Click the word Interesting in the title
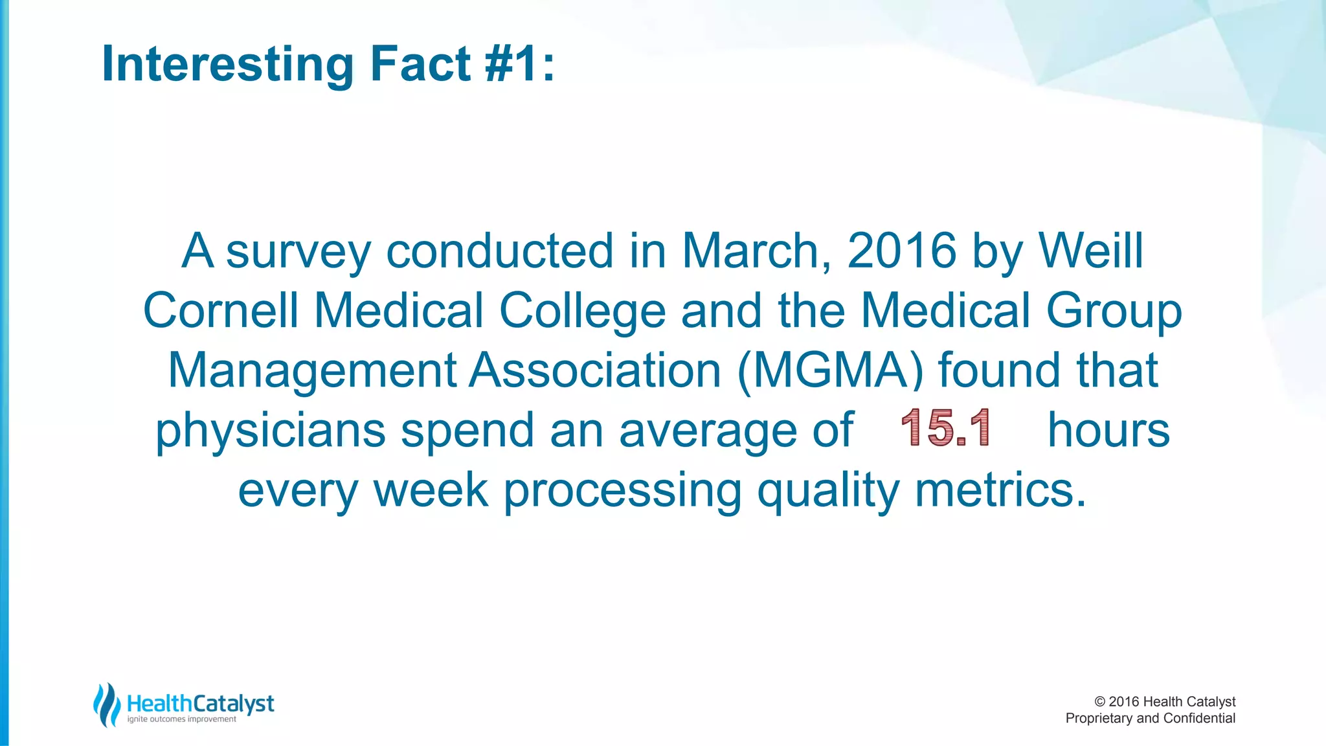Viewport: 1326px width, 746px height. tap(227, 64)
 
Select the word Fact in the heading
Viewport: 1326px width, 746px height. tap(420, 64)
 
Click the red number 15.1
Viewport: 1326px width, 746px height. tap(945, 428)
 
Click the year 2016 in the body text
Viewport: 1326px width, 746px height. tap(902, 251)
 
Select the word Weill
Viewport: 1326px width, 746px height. tap(1091, 251)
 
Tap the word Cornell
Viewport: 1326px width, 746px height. tap(221, 310)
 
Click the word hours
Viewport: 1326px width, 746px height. tap(1108, 429)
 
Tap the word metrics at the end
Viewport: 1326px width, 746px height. tap(1000, 490)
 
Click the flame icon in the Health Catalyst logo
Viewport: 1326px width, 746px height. tap(107, 705)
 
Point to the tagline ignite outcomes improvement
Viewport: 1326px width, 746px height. tap(182, 719)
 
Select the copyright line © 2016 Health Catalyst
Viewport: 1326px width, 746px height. tap(1164, 701)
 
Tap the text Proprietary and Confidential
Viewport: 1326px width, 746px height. tap(1150, 718)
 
